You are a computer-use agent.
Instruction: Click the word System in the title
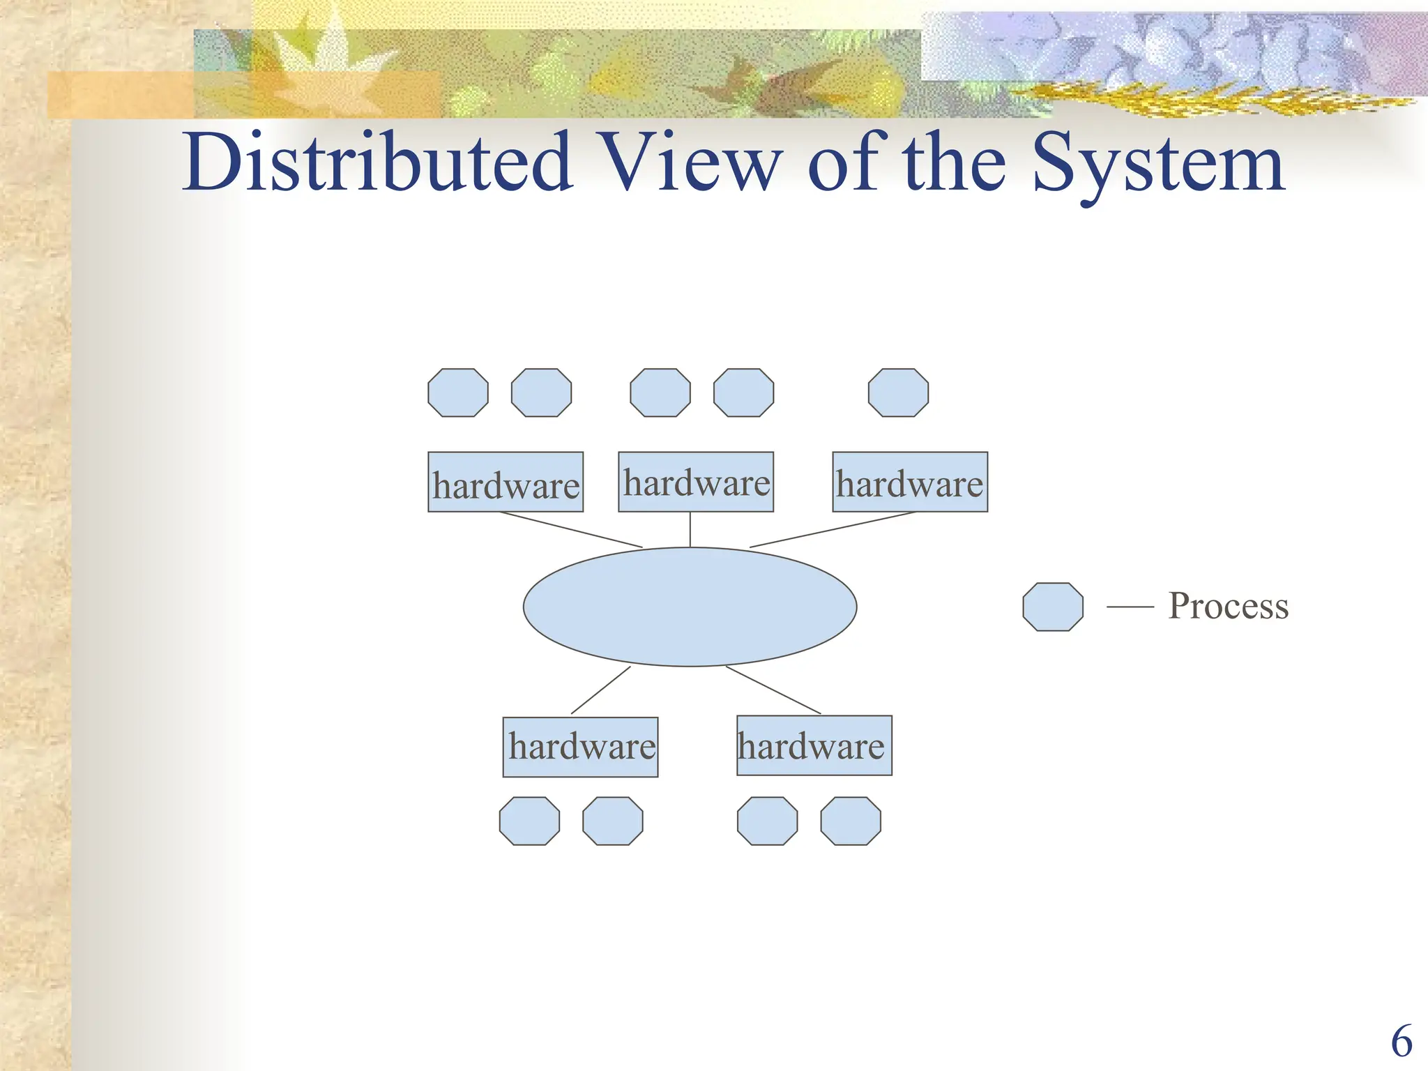tap(1157, 165)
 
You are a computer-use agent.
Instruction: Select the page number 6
tap(1401, 1042)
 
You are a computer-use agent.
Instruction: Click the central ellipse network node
tap(690, 607)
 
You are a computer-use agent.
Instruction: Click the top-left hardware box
tap(506, 483)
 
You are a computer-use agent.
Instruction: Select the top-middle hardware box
tap(696, 482)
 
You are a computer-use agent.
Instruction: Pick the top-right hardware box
tap(910, 483)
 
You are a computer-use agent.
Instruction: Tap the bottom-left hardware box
tap(580, 747)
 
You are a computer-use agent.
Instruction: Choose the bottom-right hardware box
tap(814, 745)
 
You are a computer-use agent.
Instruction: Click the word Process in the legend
tap(1229, 606)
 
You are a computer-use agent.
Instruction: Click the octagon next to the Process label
tap(1053, 607)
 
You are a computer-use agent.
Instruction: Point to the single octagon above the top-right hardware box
tap(898, 393)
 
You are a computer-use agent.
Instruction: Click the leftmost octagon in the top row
tap(458, 393)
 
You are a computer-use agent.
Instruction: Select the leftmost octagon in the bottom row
tap(529, 821)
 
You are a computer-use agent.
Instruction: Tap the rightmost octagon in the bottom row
tap(851, 821)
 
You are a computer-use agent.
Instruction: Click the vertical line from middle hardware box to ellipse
tap(690, 529)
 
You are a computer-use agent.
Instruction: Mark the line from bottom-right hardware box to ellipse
tap(773, 690)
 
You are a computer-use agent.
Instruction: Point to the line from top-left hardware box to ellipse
tap(571, 530)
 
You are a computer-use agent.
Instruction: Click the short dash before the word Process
tap(1130, 607)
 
